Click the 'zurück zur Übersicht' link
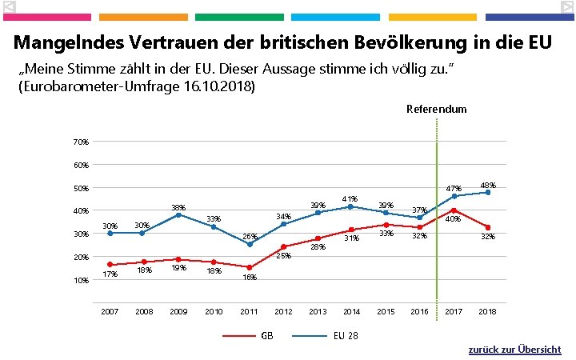pos(514,350)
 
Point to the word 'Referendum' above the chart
pos(436,109)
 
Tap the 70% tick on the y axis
pos(81,142)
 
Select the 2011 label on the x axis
pos(249,311)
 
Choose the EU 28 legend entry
pos(346,335)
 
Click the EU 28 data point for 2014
pos(350,206)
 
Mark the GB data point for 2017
pos(454,210)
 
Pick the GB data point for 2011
pos(250,267)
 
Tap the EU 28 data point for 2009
pos(178,214)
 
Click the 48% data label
pos(487,186)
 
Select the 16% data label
pos(249,278)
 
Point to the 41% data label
pos(349,198)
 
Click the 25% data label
pos(282,256)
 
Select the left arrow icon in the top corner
pos(9,6)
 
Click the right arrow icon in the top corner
pos(566,6)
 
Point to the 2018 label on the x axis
pos(487,311)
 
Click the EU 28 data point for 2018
pos(487,192)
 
